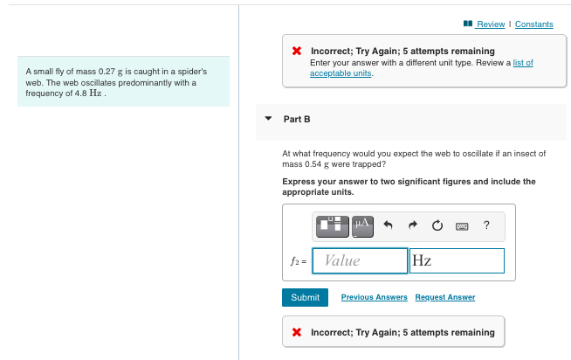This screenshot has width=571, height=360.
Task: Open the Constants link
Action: [533, 24]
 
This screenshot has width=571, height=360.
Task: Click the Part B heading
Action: [297, 119]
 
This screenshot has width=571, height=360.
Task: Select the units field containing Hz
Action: [457, 260]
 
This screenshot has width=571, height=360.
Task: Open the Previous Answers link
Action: [374, 297]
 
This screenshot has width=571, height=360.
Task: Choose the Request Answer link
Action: [445, 297]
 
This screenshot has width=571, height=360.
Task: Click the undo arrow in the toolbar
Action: [389, 226]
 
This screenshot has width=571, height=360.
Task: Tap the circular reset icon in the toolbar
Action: [437, 226]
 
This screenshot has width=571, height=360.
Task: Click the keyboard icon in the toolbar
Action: [462, 226]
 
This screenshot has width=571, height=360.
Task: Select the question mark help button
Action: [486, 226]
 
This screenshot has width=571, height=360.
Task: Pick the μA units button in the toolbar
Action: [362, 225]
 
